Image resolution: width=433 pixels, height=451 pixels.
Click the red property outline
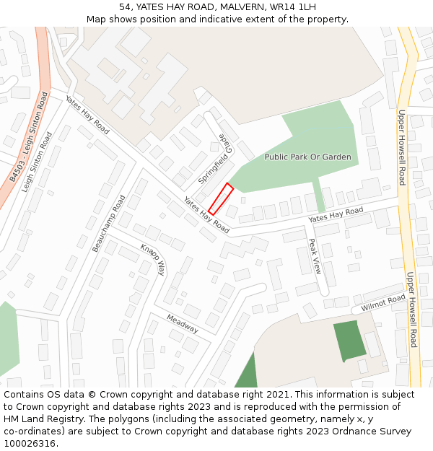pos(221,199)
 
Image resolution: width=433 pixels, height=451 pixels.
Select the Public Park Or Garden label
pos(307,157)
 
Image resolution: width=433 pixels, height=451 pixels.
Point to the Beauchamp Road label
pos(109,223)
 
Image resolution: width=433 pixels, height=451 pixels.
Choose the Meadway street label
pos(182,323)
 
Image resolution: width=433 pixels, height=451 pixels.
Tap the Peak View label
pos(315,256)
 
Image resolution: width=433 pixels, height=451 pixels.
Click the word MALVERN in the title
pos(237,6)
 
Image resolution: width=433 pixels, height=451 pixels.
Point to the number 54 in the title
pos(125,6)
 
